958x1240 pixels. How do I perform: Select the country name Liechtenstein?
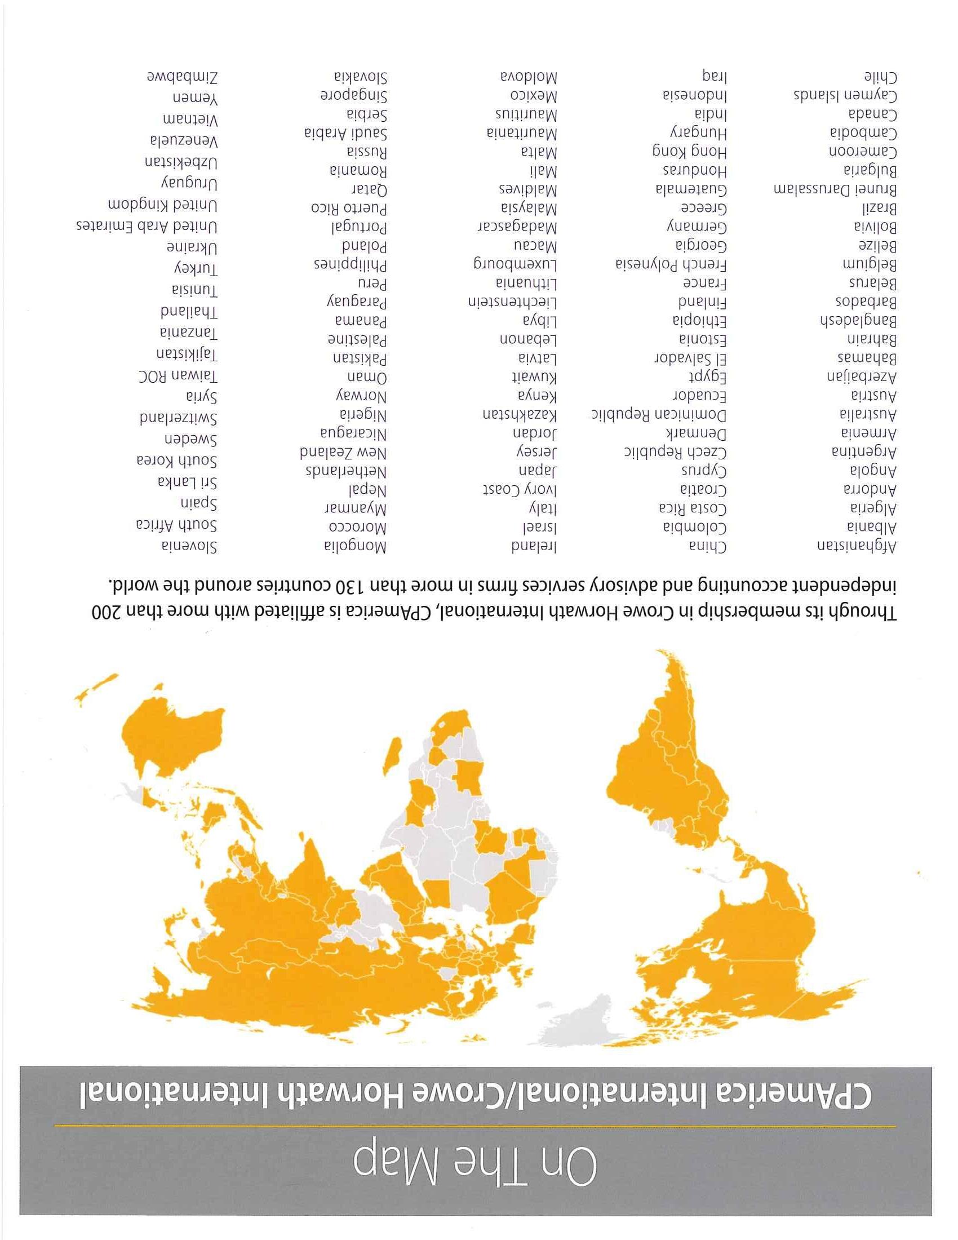[512, 302]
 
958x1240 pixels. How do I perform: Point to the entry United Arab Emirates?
[147, 227]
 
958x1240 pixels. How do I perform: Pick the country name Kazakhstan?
[520, 414]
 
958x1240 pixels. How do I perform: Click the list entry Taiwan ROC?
[178, 377]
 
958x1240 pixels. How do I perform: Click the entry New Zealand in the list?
[343, 453]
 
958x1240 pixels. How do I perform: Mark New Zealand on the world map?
[96, 690]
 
